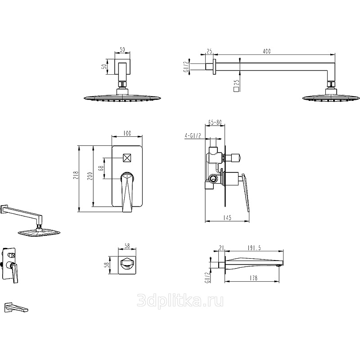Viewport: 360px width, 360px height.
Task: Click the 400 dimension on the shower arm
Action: pyautogui.click(x=266, y=51)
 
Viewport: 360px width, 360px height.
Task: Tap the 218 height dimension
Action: pyautogui.click(x=76, y=175)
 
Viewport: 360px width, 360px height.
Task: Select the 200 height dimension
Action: pyautogui.click(x=90, y=176)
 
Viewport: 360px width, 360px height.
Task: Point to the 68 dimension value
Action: pyautogui.click(x=101, y=168)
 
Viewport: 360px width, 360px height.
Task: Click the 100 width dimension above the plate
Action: pyautogui.click(x=127, y=133)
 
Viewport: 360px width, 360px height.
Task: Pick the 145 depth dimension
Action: pyautogui.click(x=227, y=217)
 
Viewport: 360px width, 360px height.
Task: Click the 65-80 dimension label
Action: pyautogui.click(x=215, y=122)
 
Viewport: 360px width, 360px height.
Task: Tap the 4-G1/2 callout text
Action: pyautogui.click(x=193, y=136)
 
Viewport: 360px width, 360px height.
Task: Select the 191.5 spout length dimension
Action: pyautogui.click(x=254, y=248)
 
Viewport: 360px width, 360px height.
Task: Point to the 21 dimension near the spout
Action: pyautogui.click(x=221, y=248)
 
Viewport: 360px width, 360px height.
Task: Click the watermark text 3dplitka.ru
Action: pyautogui.click(x=180, y=301)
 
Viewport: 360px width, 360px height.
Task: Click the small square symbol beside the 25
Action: pyautogui.click(x=236, y=89)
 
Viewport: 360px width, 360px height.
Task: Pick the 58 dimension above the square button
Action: pyautogui.click(x=127, y=246)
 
